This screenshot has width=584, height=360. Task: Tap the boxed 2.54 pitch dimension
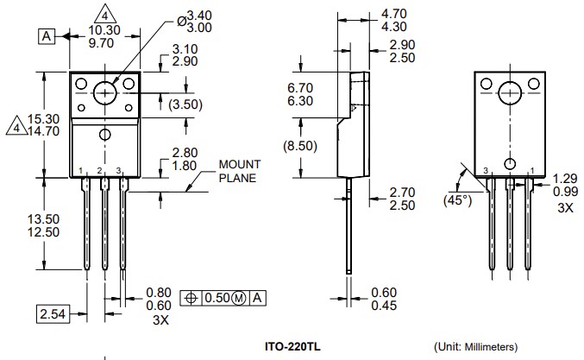point(53,313)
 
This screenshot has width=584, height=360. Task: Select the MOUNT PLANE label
point(237,172)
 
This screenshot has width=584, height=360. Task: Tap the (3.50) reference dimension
point(186,104)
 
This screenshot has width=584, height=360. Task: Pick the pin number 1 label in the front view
point(80,170)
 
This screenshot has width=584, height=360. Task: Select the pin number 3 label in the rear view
point(486,170)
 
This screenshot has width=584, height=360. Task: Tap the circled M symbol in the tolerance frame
point(239,298)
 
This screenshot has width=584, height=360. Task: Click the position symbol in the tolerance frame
point(191,298)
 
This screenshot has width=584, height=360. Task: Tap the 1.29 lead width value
point(565,177)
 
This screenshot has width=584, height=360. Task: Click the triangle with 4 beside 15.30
point(15,127)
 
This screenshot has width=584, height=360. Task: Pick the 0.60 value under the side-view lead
point(385,293)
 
